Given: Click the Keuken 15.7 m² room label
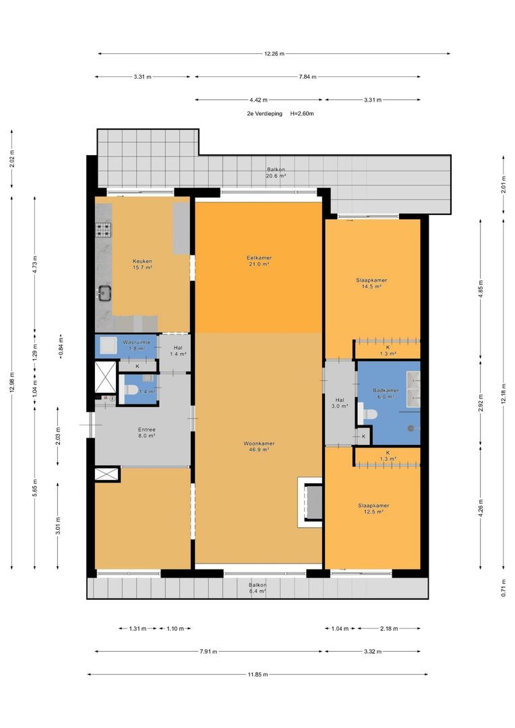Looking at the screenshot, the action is click(142, 264).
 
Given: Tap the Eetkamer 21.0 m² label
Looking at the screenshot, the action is click(259, 261).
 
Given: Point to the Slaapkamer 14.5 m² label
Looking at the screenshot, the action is click(371, 283).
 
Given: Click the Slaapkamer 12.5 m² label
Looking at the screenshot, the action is click(373, 509).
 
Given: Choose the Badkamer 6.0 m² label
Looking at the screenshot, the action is click(386, 394).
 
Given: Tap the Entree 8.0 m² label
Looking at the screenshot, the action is click(147, 433).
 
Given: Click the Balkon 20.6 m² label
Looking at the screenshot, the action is click(276, 173).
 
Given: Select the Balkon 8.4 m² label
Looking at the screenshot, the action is click(257, 588).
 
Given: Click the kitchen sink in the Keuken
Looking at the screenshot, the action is click(105, 293).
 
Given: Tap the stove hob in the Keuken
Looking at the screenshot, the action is click(104, 229).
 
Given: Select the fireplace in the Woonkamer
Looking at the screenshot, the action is click(310, 502).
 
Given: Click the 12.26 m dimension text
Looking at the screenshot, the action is click(274, 54).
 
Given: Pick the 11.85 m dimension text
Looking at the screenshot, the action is click(257, 675).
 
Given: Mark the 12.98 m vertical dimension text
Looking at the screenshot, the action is click(12, 382).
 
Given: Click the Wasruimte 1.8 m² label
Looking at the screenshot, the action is click(136, 345).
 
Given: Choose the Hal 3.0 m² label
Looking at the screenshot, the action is click(340, 403).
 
